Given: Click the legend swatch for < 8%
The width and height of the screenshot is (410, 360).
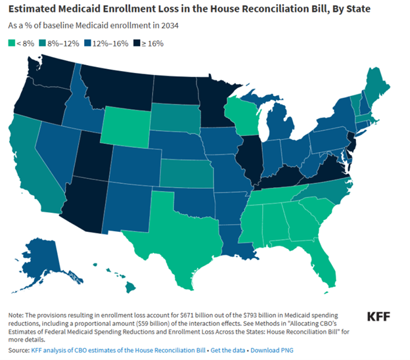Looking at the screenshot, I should tap(12, 44).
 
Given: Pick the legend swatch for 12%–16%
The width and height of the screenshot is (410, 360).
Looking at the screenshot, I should tap(89, 44).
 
